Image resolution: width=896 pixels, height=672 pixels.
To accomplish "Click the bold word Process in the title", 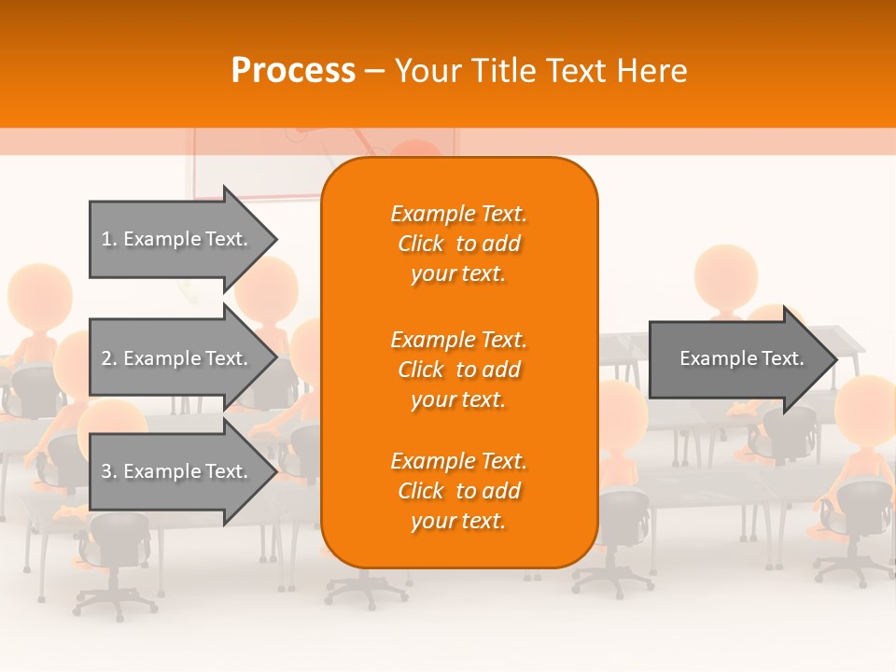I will [293, 71].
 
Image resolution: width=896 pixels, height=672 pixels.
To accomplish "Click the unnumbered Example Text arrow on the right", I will [737, 358].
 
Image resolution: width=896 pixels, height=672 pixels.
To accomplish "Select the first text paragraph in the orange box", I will [458, 244].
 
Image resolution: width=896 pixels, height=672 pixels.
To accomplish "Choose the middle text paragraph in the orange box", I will [458, 370].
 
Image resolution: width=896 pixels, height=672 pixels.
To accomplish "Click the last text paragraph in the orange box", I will [458, 491].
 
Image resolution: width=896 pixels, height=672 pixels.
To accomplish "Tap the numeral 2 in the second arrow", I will [106, 358].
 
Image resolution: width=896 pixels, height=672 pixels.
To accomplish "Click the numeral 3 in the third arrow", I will [106, 471].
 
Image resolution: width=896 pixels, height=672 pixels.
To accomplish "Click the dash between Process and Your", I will [374, 71].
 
